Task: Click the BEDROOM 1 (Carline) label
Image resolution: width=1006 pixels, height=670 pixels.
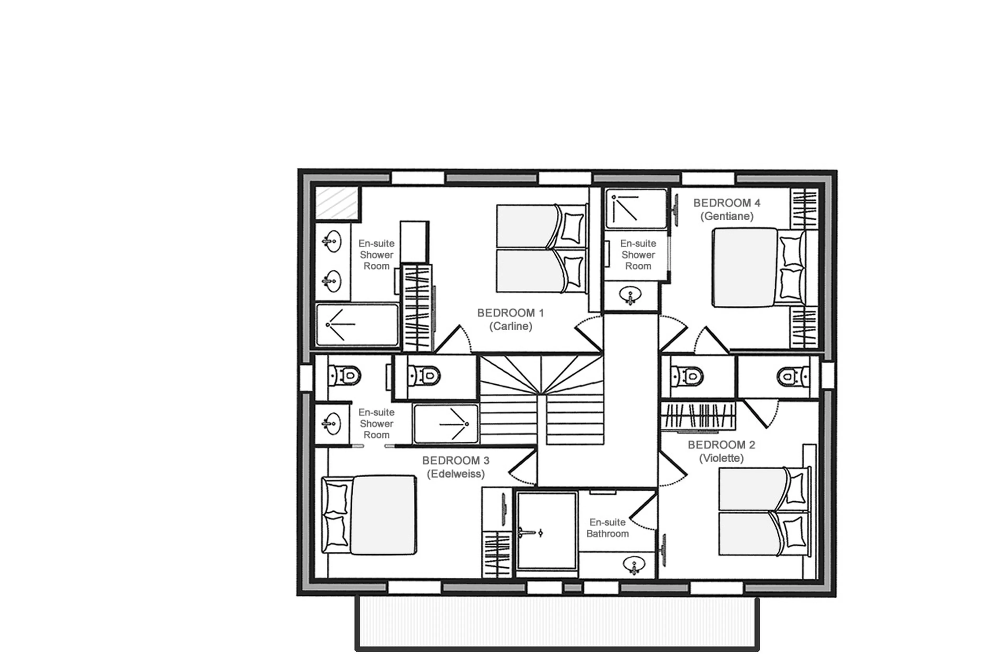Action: [511, 319]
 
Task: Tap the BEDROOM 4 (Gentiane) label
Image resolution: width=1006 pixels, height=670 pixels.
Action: [726, 209]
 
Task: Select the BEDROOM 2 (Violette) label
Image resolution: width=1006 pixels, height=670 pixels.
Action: [721, 451]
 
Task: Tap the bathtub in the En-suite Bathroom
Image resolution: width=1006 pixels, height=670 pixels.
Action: [546, 531]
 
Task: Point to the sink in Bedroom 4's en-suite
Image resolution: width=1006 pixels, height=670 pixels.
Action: [631, 295]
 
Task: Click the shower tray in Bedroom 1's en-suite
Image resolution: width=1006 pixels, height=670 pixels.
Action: [357, 325]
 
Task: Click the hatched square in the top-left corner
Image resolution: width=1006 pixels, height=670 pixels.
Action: [337, 203]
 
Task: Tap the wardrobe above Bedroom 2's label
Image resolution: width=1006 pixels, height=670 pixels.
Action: [698, 416]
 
